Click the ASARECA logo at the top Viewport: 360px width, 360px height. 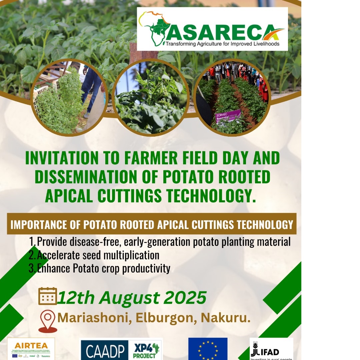(212, 29)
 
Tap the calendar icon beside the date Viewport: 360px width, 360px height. (48, 296)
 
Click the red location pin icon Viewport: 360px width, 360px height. (47, 321)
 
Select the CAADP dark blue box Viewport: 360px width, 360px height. (104, 350)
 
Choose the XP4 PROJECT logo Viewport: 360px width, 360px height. (146, 350)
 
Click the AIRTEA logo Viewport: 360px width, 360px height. (31, 349)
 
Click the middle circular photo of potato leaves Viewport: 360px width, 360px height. (151, 97)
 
